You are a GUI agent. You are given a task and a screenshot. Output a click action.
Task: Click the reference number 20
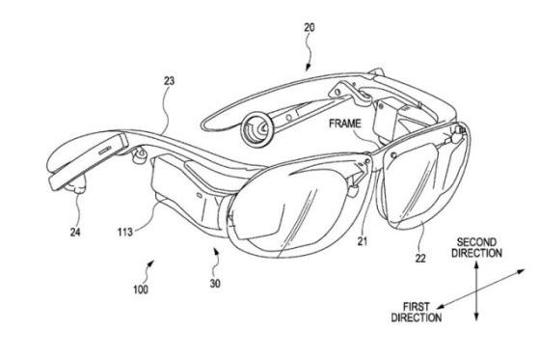point(309,27)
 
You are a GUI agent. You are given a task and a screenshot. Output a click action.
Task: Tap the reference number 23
point(169,81)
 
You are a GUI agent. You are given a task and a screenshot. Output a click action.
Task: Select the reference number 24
point(75,233)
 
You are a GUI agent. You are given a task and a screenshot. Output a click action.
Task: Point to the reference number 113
point(124,232)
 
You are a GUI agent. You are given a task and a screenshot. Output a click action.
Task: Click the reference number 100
point(141,290)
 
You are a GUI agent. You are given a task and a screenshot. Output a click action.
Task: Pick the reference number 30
point(215,284)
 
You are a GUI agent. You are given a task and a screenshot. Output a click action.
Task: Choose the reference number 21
point(362,241)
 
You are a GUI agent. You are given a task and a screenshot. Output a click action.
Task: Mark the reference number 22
point(420,258)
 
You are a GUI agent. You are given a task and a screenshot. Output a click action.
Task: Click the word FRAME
point(345,124)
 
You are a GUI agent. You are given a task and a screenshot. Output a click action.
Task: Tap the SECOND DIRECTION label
point(476,248)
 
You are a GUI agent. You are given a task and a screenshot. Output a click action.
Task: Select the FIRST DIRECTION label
point(417,312)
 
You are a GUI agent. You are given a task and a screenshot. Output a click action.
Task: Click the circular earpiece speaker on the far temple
point(256,129)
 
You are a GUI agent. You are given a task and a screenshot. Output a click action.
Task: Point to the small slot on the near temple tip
point(105,150)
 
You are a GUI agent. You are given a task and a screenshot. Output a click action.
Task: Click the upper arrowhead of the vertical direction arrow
point(476,265)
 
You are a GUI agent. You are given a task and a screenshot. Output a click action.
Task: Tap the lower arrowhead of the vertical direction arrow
point(476,317)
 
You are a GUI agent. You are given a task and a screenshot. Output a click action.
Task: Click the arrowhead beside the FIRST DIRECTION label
point(441,306)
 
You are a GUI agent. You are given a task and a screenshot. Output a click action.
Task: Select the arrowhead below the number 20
point(308,68)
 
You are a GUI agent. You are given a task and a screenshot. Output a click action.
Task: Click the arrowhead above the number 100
point(150,263)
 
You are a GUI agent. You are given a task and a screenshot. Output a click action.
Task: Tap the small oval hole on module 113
point(200,195)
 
